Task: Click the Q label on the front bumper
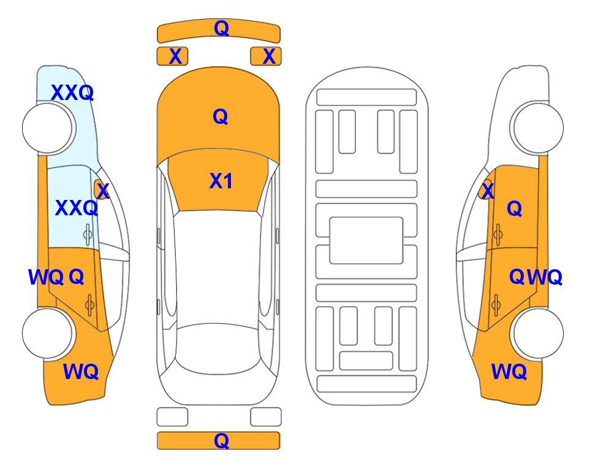pos(221,28)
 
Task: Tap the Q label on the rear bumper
pos(221,440)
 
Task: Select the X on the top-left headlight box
pos(175,56)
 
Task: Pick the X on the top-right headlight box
pos(269,56)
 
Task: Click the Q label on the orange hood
pos(221,117)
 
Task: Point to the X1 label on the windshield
pos(221,181)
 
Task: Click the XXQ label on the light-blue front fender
pos(72,93)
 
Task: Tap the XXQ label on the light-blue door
pos(77,208)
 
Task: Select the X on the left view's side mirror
pos(103,191)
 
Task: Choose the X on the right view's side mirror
pos(488,191)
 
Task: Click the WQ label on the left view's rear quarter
pos(81,372)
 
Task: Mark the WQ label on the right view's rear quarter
pos(509,372)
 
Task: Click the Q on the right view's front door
pos(515,209)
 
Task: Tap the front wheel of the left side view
pos(48,128)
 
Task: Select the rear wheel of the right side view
pos(538,333)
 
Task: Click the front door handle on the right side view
pos(497,234)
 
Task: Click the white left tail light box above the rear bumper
pos(172,417)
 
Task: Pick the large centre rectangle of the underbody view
pos(366,240)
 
